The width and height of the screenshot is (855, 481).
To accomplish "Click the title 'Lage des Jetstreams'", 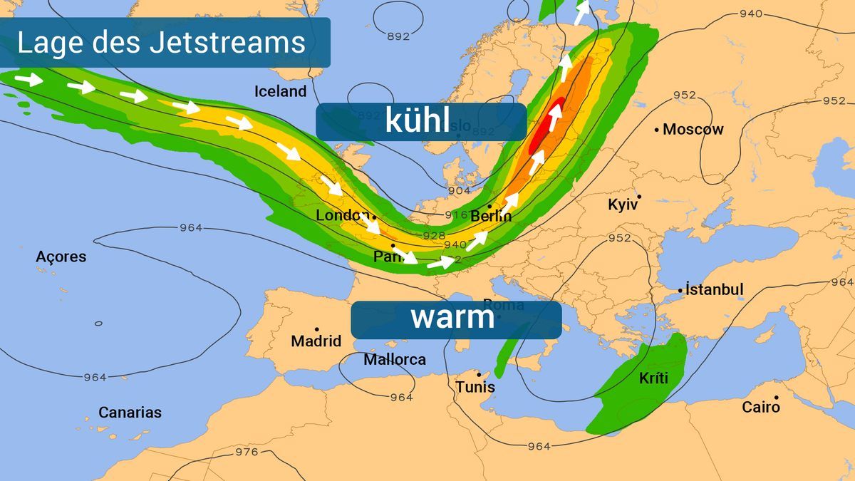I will coord(161,43).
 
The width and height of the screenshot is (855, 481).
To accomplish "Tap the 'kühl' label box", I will coord(420,121).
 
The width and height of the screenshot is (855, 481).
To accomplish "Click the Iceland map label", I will coord(280,91).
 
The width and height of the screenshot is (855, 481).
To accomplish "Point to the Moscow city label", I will coord(693,130).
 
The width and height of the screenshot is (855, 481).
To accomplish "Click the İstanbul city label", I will coord(714,289).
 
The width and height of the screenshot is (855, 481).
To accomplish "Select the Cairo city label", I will coord(760,408).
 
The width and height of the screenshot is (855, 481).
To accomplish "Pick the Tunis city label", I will coord(475,387).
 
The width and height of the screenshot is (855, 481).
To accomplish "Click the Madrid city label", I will coord(316,341).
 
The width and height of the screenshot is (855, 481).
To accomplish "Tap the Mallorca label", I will coord(394,360).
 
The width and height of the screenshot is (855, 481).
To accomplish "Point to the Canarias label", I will coord(130,413).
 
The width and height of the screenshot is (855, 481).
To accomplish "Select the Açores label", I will coord(61,257).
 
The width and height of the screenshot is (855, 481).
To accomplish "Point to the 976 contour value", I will coord(247,452).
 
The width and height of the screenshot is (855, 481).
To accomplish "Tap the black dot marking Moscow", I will coord(656,130).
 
